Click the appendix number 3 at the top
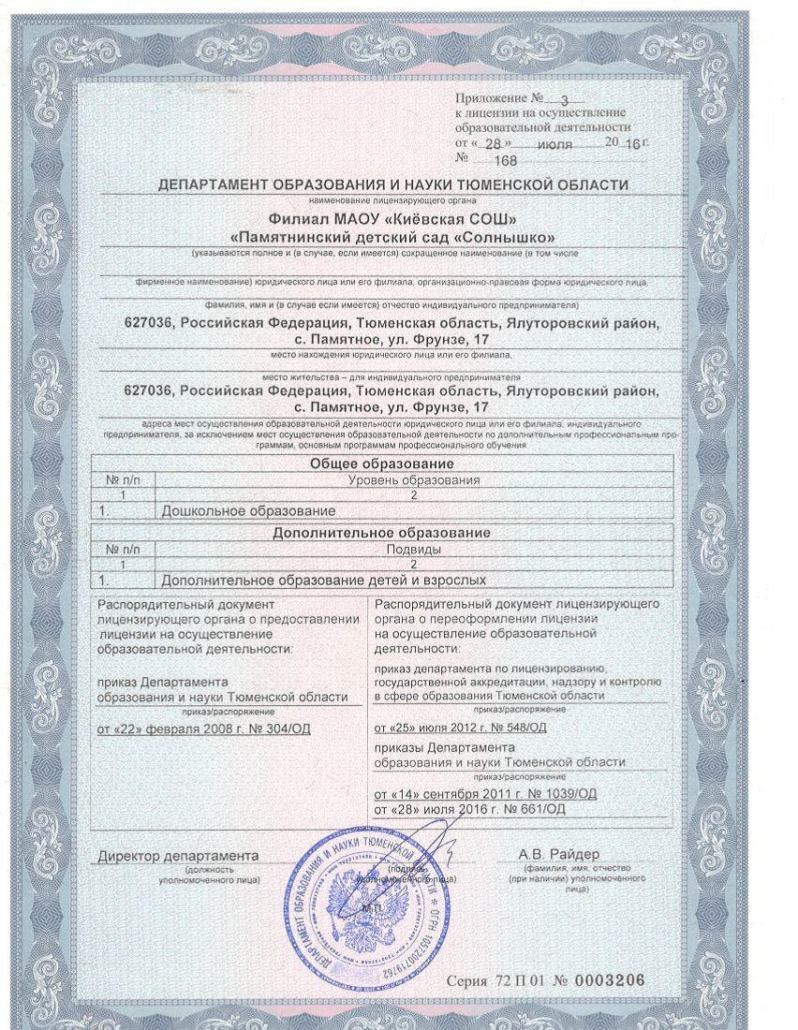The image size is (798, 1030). (563, 98)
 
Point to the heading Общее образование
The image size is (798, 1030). (381, 464)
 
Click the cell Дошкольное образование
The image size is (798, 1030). (248, 510)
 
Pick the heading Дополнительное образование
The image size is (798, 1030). (381, 532)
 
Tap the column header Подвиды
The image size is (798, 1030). (413, 549)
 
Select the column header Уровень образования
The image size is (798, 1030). (413, 480)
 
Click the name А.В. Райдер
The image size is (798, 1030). (559, 855)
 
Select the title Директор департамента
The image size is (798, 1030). (178, 856)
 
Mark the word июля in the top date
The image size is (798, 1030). (555, 144)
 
